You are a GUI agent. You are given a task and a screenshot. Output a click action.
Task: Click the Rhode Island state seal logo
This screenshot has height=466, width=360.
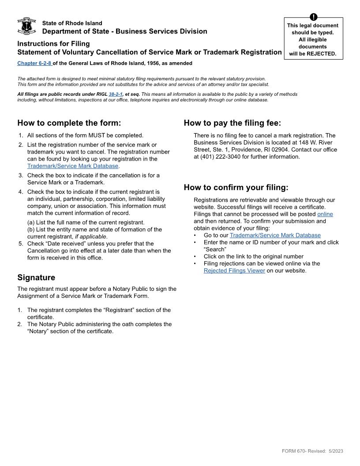point(26,26)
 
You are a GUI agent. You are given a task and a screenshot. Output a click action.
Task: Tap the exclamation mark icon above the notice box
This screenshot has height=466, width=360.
point(313,17)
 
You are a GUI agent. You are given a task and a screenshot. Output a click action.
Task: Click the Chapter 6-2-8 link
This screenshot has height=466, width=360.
point(34,64)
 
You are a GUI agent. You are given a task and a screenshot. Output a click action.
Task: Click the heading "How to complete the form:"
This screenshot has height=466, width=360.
point(69,123)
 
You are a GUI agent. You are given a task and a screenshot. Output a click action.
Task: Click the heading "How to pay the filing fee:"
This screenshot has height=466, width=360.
point(232,123)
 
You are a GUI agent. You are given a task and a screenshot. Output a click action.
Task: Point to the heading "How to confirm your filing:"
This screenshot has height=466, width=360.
point(236,188)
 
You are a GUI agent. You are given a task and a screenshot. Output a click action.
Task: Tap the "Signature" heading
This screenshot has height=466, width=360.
point(36,278)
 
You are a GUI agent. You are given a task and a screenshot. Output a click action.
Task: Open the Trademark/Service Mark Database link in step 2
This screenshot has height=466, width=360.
point(73,166)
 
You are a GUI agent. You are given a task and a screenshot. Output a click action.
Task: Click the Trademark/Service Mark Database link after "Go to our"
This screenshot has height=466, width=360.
point(275,236)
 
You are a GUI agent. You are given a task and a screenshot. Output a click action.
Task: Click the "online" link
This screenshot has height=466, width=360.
point(325,214)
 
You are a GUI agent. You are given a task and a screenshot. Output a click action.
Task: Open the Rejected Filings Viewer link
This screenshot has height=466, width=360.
point(234,271)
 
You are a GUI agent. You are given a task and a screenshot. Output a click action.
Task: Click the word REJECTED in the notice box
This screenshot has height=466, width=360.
point(322,54)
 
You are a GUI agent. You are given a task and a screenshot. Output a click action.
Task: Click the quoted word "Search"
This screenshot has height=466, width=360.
point(215,250)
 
